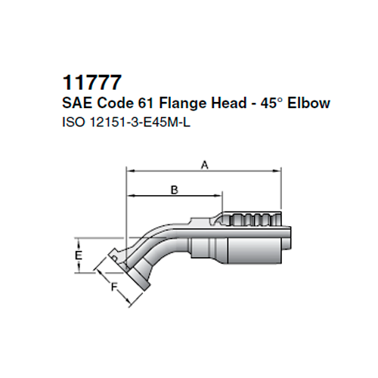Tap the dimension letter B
[174, 190]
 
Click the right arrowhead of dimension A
[279, 172]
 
